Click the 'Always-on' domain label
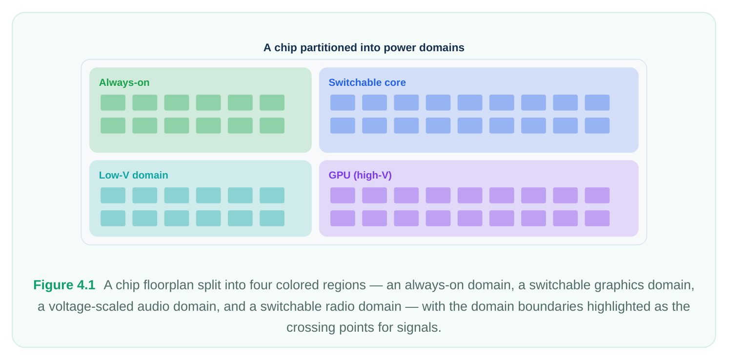124,82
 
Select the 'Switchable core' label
367,82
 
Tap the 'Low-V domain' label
133,175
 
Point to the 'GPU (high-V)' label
360,175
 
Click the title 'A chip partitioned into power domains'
364,47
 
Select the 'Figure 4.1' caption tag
64,285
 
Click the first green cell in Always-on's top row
113,103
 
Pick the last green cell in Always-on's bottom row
272,125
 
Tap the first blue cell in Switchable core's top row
343,103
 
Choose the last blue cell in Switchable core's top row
597,103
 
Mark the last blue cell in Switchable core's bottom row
597,125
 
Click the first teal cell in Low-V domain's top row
113,196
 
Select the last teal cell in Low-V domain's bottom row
272,218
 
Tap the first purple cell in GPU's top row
343,196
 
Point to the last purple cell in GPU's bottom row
597,218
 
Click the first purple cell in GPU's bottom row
343,218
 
